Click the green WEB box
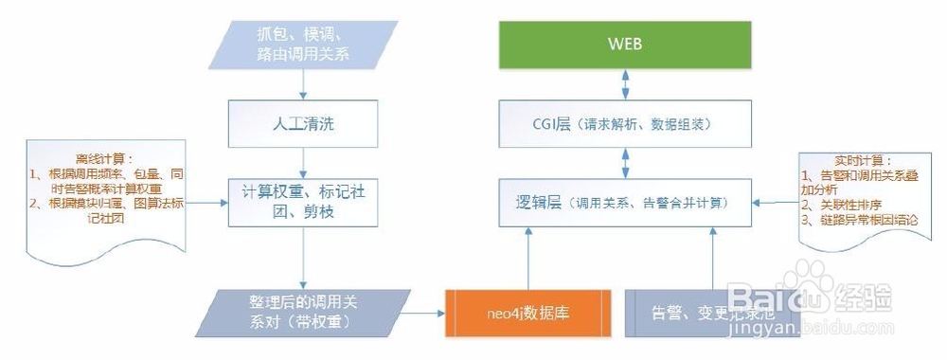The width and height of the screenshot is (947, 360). point(624,45)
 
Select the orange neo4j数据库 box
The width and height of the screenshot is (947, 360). point(527,310)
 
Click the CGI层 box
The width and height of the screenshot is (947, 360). point(624,124)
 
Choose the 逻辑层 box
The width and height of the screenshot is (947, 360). point(624,203)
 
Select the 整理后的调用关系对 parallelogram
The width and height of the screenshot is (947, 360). point(301,312)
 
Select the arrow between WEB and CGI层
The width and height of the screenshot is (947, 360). point(624,83)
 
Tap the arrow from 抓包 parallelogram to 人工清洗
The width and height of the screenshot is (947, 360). point(301,83)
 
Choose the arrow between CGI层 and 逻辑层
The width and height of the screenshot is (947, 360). point(624,164)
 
